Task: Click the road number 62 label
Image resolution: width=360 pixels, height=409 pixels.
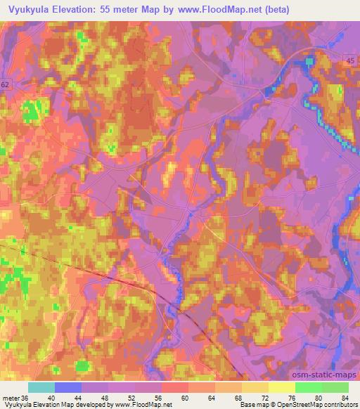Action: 6,84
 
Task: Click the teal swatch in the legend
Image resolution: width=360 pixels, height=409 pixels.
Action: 41,387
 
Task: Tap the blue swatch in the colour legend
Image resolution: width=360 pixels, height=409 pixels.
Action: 68,387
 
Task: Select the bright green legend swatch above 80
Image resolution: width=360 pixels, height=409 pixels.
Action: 308,387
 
